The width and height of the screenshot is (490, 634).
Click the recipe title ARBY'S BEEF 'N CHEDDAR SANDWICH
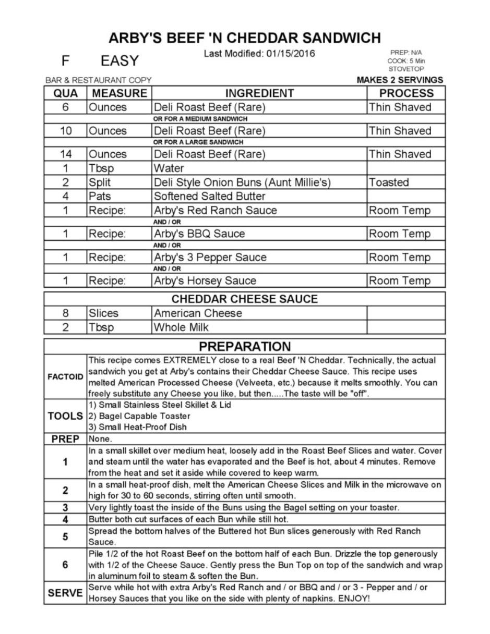(245, 38)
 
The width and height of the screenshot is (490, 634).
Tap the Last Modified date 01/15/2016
(259, 54)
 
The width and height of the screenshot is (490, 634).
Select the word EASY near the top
(119, 61)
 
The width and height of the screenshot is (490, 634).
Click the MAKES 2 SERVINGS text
(400, 80)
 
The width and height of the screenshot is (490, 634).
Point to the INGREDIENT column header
(259, 93)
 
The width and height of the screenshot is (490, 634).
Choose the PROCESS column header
(406, 93)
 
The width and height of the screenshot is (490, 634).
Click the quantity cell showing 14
(66, 154)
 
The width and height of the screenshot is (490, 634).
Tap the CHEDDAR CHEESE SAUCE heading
(244, 299)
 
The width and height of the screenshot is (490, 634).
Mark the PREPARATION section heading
(245, 347)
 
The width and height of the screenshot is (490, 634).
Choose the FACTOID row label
(65, 376)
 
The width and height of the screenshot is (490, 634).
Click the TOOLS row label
(65, 416)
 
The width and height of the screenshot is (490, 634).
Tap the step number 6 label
(65, 565)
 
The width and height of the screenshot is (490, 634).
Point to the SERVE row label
(65, 593)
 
